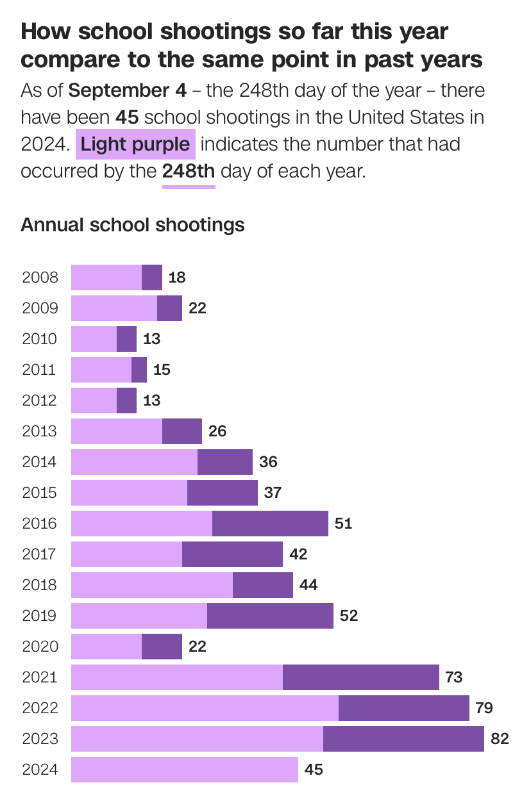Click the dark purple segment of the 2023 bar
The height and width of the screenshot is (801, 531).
(403, 739)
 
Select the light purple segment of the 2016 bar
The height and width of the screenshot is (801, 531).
(142, 524)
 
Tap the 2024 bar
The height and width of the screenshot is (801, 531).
(185, 770)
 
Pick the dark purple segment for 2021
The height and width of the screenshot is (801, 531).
(360, 677)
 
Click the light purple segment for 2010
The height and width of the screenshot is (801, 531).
(94, 339)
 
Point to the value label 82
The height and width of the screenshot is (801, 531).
(500, 739)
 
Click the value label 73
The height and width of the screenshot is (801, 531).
(453, 677)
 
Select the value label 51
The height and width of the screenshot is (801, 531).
(343, 524)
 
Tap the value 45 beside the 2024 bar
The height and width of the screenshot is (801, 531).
(314, 770)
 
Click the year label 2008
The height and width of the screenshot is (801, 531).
(40, 277)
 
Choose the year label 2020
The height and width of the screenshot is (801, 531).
(40, 647)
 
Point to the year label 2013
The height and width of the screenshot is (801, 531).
(40, 431)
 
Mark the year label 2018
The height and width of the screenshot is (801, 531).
(40, 585)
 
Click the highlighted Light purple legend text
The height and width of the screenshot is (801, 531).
(135, 144)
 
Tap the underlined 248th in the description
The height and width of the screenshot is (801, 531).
(189, 172)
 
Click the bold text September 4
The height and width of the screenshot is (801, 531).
(127, 90)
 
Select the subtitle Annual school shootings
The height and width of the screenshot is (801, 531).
(133, 225)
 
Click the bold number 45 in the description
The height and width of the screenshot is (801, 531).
(127, 117)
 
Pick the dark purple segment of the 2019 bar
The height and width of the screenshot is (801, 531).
(270, 616)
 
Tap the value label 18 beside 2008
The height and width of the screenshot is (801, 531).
(176, 277)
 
